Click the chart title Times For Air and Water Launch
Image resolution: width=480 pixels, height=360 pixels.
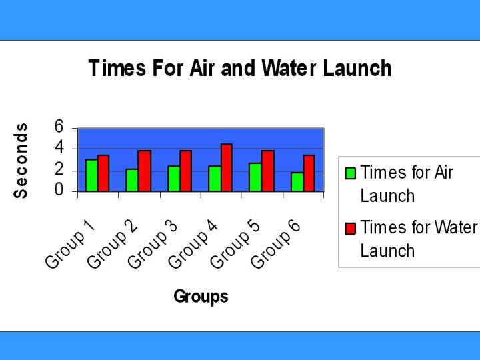coord(240,68)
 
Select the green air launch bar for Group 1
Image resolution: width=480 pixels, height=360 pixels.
coord(91,175)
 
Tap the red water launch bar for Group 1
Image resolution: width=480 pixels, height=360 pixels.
coord(103,173)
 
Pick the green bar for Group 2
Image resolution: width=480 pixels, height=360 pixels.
coord(132,180)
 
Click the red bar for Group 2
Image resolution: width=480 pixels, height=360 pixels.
coord(145,171)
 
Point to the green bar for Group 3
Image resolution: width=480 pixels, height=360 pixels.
coord(173,179)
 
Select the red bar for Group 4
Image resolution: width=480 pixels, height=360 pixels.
coord(226,168)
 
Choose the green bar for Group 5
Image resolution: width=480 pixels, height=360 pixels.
coord(255,177)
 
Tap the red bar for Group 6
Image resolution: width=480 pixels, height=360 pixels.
coord(309,173)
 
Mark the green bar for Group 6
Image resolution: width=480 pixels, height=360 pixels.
coord(297,182)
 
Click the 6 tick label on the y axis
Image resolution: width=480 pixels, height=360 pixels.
coord(59,127)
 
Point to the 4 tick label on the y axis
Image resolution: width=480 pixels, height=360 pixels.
coord(59,148)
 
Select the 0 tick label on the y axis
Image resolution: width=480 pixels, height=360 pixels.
coord(59,191)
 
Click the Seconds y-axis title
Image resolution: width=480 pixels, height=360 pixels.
coord(21,160)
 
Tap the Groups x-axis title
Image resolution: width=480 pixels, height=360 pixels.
coord(201,297)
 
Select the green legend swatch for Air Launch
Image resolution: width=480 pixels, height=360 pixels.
coord(350,173)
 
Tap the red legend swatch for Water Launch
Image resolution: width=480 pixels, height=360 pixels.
coord(350,229)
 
